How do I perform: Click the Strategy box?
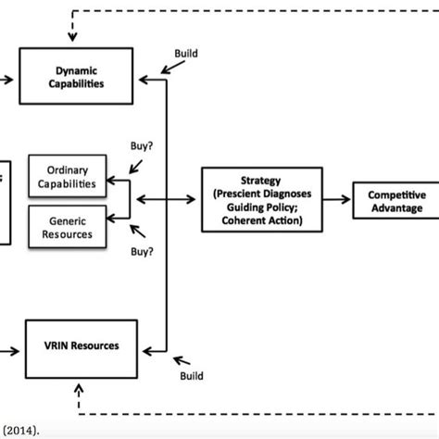pos(262,199)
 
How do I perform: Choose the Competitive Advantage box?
pos(395,201)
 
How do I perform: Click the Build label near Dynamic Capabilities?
pos(187,54)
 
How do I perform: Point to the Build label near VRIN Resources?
pos(192,377)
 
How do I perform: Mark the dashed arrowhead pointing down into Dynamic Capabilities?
pos(72,38)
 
